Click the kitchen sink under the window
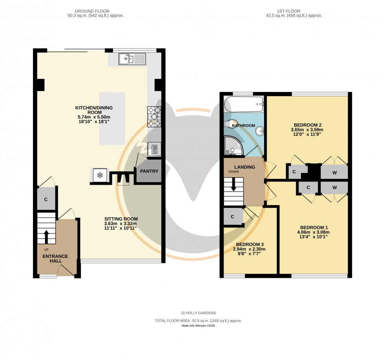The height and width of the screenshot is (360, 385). click(x=132, y=59)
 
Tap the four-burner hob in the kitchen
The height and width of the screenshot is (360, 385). click(x=154, y=117)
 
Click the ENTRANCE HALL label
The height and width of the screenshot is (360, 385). click(x=55, y=259)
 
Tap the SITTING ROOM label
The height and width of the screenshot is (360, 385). click(x=121, y=219)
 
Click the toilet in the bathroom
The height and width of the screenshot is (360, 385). click(x=230, y=124)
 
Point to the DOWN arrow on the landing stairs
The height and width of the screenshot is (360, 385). click(x=234, y=185)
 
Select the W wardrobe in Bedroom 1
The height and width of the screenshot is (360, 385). click(x=334, y=187)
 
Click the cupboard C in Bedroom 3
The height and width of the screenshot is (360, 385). click(x=233, y=217)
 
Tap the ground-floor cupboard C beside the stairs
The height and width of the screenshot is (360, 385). click(x=46, y=200)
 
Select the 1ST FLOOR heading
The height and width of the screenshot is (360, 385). click(x=294, y=11)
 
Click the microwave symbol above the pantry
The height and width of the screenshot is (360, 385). click(x=154, y=149)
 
